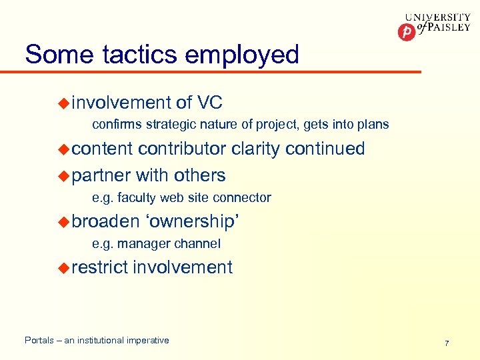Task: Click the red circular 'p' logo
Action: point(406,32)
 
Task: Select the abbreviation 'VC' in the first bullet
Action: point(210,103)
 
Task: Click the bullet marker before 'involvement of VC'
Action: point(63,103)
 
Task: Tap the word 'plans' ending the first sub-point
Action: point(373,125)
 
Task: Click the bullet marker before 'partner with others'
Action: point(63,175)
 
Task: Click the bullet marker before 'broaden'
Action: point(63,221)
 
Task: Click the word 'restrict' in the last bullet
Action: point(100,267)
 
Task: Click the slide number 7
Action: point(447,343)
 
